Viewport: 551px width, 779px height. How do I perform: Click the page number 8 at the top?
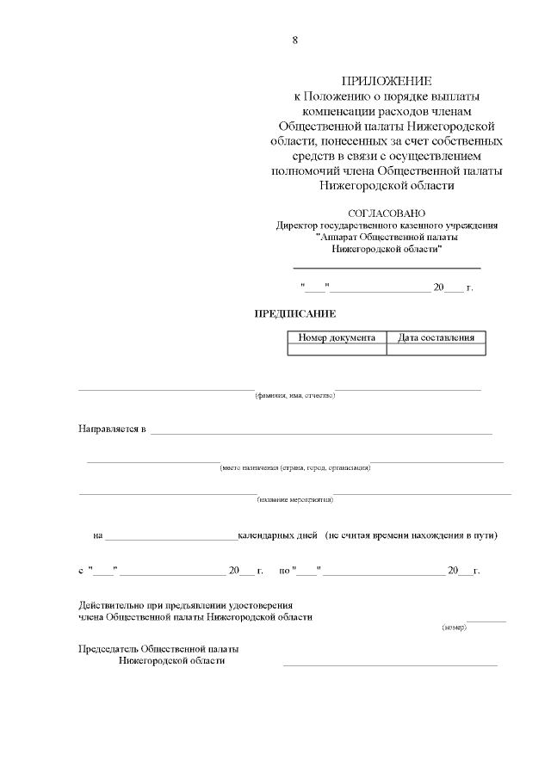tap(295, 40)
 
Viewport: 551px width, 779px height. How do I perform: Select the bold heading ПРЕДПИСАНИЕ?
tap(294, 313)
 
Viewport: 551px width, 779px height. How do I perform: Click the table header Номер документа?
tap(337, 338)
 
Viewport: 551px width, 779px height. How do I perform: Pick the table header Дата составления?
tap(436, 338)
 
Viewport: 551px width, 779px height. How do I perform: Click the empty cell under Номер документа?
tap(337, 349)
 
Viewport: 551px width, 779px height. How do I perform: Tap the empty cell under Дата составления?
tap(436, 349)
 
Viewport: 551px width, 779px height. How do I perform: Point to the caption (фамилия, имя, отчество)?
tap(294, 395)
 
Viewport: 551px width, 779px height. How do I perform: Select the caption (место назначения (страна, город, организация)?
tap(295, 467)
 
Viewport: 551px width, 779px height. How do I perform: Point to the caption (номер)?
tap(454, 628)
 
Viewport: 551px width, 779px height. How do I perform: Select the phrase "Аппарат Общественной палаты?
tap(387, 237)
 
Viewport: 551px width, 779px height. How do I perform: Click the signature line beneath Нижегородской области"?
tap(387, 268)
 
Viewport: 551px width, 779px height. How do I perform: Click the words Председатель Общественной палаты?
tap(158, 648)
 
